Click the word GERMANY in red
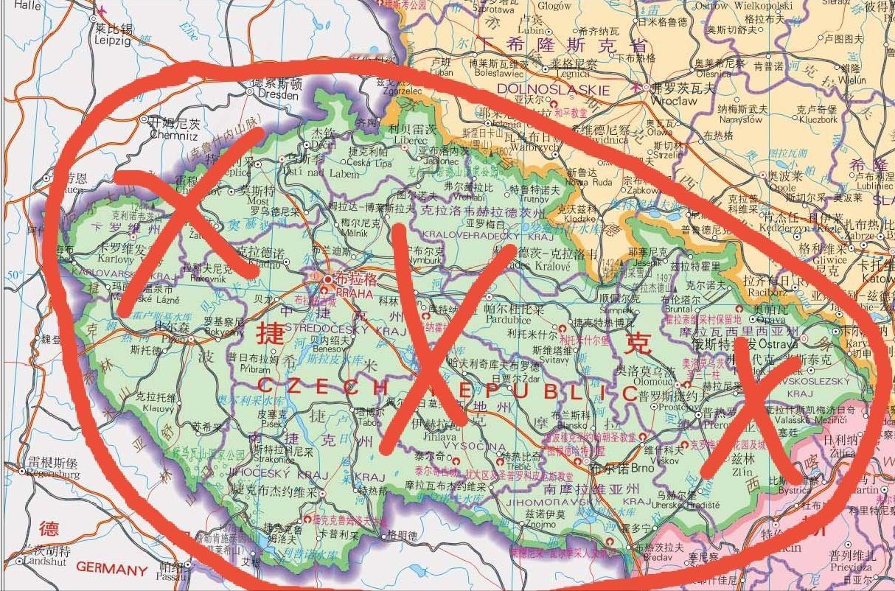pyautogui.click(x=111, y=569)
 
